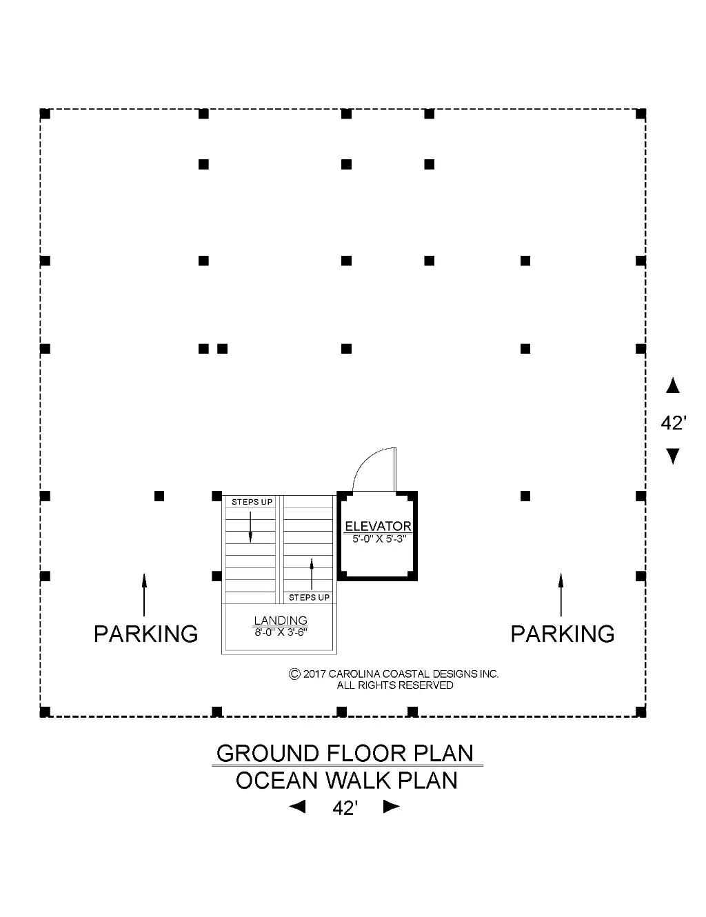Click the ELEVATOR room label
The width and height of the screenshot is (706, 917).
click(378, 526)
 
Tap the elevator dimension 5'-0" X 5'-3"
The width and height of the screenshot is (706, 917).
click(379, 539)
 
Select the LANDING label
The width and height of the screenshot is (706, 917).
click(280, 620)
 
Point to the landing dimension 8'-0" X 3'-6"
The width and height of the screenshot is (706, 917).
click(281, 632)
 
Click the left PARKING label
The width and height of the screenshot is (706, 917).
click(145, 634)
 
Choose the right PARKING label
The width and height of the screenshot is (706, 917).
click(563, 634)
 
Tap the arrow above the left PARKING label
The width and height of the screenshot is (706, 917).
click(144, 594)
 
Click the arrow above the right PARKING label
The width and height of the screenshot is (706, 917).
click(561, 594)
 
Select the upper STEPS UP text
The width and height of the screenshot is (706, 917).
click(252, 502)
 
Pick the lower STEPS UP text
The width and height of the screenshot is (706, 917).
click(309, 597)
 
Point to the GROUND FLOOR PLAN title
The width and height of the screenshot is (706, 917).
click(345, 754)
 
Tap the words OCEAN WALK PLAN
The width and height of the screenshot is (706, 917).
click(347, 780)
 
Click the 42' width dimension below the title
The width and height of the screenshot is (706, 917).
click(345, 807)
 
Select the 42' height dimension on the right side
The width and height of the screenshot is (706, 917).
click(674, 423)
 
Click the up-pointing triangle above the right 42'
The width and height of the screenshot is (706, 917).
click(673, 385)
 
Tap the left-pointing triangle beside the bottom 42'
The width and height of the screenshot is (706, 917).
click(297, 807)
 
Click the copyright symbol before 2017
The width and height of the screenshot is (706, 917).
click(294, 674)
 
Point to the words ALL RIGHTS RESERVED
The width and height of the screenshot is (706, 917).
click(394, 685)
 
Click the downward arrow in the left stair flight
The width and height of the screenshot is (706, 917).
click(250, 527)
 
